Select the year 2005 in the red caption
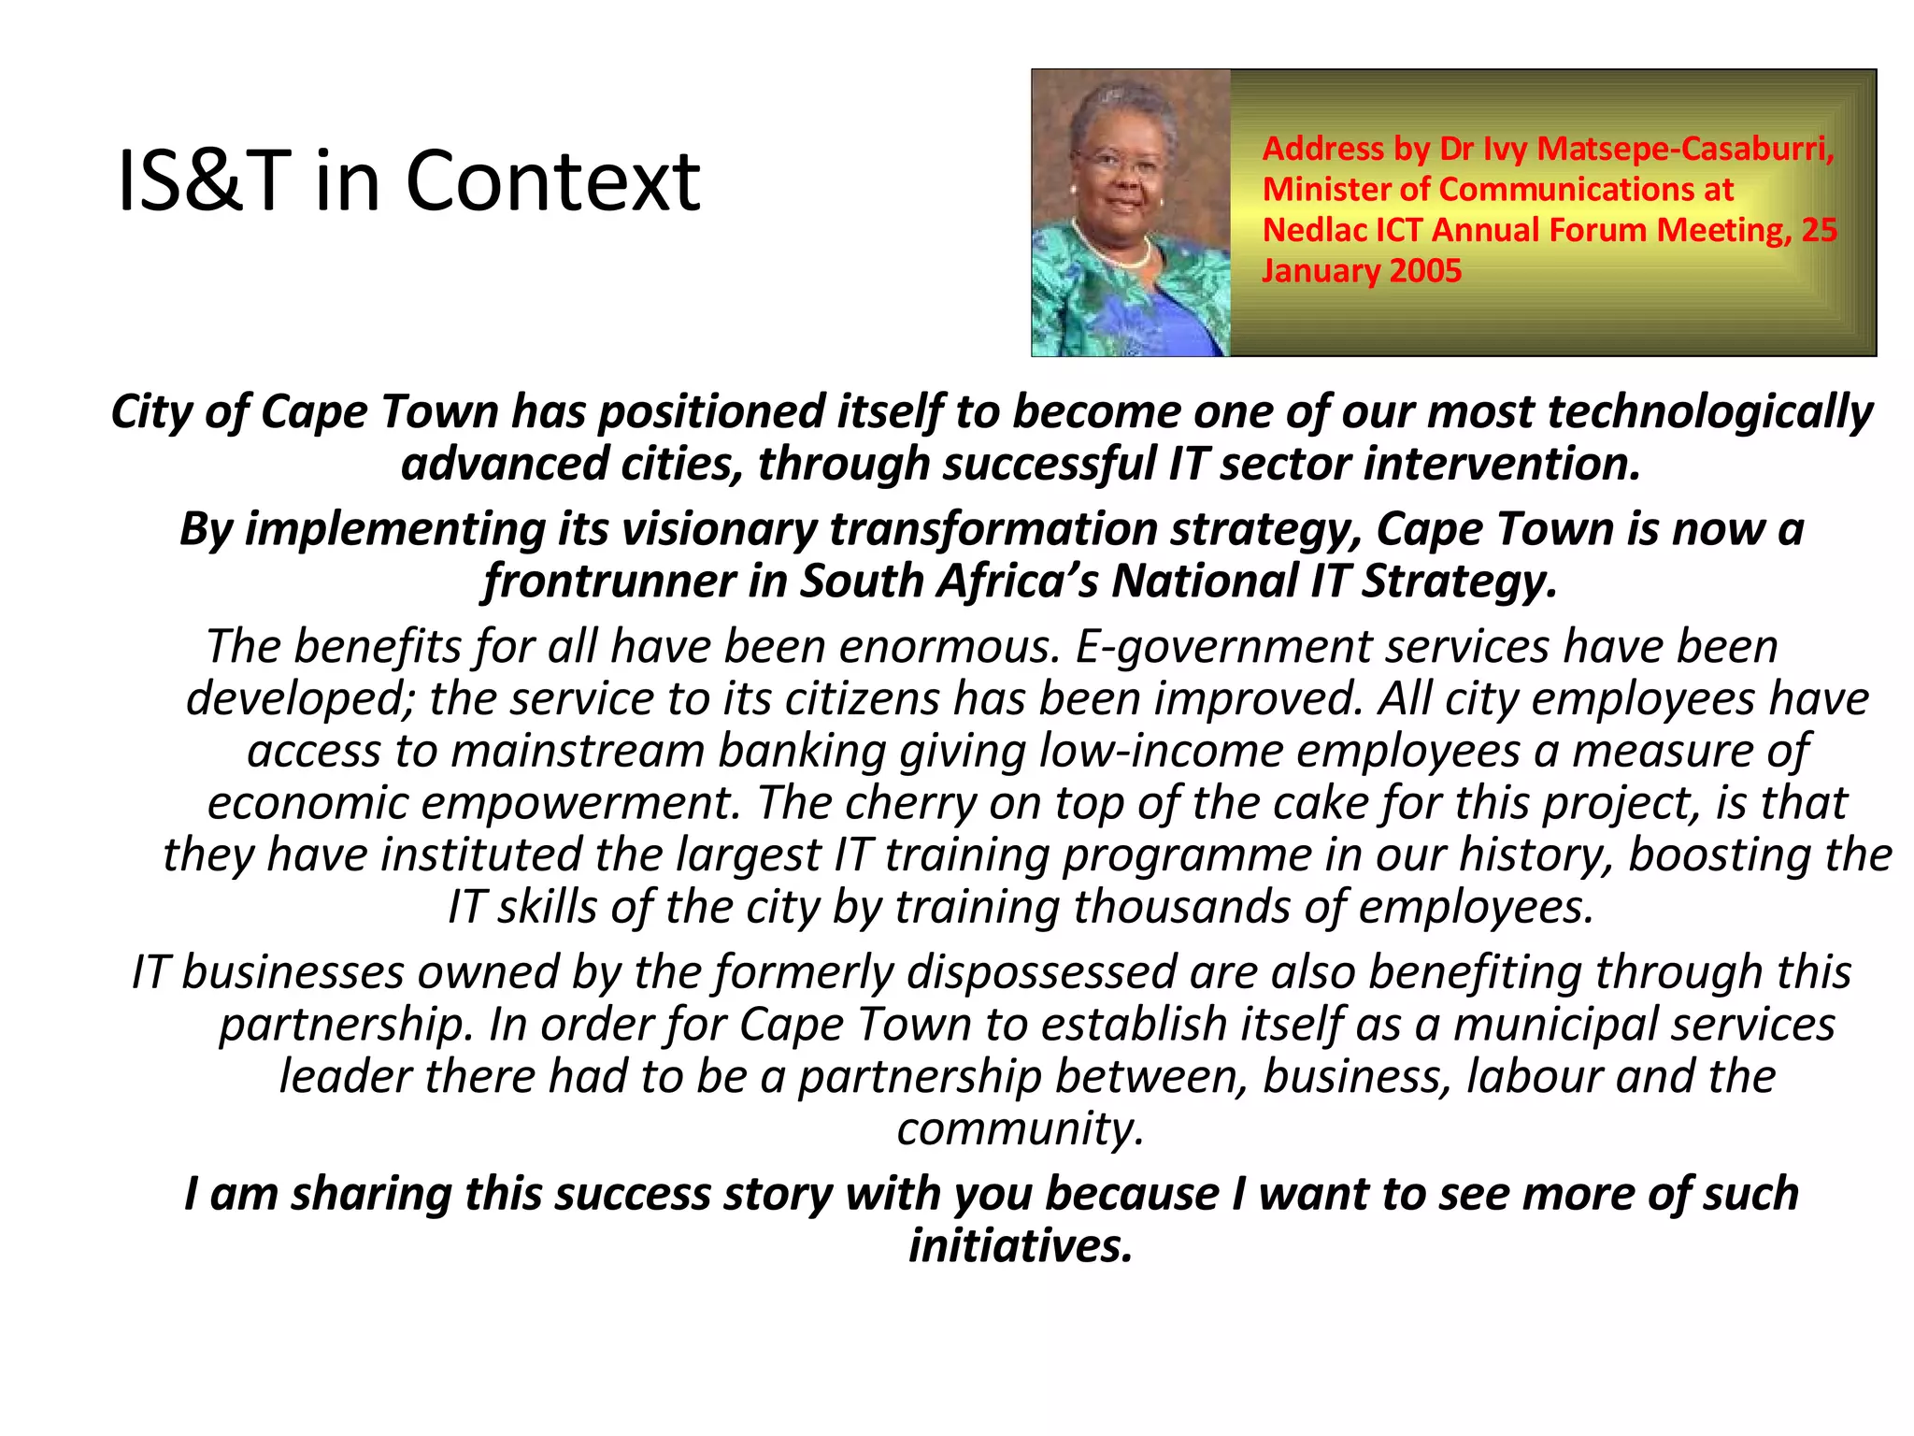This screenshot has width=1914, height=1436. [x=1425, y=271]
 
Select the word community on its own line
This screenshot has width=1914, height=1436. [x=1020, y=1129]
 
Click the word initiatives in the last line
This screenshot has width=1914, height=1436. [x=1021, y=1246]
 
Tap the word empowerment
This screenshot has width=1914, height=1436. [x=588, y=803]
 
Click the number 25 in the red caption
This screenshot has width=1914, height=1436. [x=1819, y=230]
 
